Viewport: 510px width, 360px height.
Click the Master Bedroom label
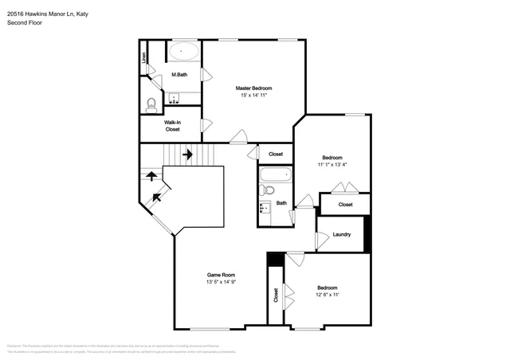pyautogui.click(x=253, y=88)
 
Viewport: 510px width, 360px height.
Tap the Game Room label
pyautogui.click(x=222, y=273)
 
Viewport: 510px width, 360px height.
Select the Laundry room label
pyautogui.click(x=342, y=234)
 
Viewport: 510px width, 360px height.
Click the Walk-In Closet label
pyautogui.click(x=172, y=125)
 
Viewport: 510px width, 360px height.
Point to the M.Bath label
pyautogui.click(x=179, y=75)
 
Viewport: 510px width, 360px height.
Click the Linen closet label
pyautogui.click(x=144, y=57)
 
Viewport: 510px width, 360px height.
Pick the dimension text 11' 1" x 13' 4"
pyautogui.click(x=332, y=166)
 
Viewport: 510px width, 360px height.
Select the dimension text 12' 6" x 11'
pyautogui.click(x=328, y=295)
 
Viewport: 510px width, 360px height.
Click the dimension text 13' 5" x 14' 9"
pyautogui.click(x=222, y=281)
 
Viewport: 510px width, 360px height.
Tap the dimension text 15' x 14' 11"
pyautogui.click(x=253, y=96)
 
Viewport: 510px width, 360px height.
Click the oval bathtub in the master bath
pyautogui.click(x=185, y=52)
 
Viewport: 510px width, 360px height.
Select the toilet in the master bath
pyautogui.click(x=151, y=104)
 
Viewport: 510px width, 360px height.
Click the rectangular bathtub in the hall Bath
pyautogui.click(x=276, y=174)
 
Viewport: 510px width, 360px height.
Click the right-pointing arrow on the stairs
pyautogui.click(x=188, y=154)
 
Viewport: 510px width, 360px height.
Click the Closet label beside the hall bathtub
pyautogui.click(x=276, y=154)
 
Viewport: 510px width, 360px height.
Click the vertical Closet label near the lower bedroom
pyautogui.click(x=276, y=296)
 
